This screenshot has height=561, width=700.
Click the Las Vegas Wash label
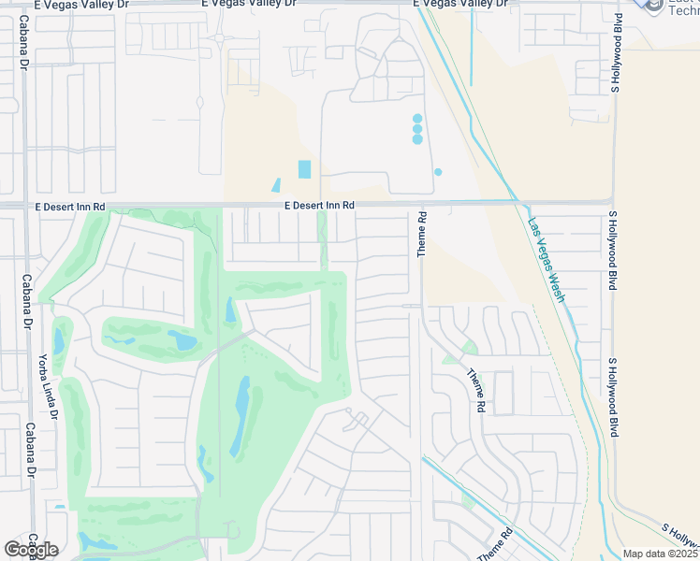pos(547,259)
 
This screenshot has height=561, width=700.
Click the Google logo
pos(31,550)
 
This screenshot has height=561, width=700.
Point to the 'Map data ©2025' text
pos(660,554)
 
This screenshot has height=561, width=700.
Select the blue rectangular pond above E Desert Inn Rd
pos(304,169)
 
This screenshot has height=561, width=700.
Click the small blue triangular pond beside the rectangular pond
pos(276,186)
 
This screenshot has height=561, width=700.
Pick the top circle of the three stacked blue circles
pos(417,119)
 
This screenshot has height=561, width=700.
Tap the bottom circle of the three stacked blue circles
pos(417,139)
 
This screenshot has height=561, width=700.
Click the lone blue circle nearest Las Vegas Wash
pos(437,172)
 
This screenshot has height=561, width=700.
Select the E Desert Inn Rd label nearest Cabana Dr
pos(70,206)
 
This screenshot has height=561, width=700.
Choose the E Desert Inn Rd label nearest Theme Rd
pos(320,206)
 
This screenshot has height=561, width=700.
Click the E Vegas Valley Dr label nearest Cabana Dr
pos(80,5)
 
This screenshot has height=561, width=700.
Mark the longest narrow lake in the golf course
pos(241,415)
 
